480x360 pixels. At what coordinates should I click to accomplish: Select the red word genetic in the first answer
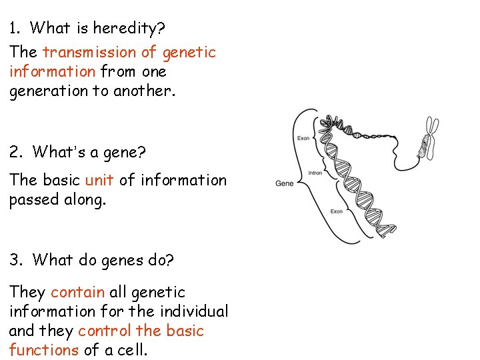coord(189,52)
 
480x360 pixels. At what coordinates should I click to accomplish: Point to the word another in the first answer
coord(144,91)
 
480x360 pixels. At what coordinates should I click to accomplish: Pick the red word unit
coord(100,180)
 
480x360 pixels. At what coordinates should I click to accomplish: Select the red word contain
coord(77,292)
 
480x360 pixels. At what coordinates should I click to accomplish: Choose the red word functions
coord(44,350)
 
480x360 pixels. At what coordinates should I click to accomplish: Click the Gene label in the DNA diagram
coord(285,183)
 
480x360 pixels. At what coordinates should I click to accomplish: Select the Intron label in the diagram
coord(315,173)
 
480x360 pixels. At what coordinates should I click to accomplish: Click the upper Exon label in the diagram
coord(303,138)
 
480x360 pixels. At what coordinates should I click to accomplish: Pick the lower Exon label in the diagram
coord(337,211)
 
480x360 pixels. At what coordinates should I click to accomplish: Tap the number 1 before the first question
coord(13,28)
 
